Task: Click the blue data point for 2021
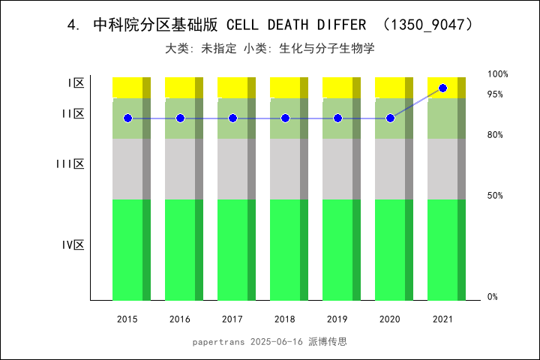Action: pos(442,88)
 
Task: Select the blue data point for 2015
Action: pos(127,118)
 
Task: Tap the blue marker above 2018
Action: pos(285,118)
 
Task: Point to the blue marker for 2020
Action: pos(390,118)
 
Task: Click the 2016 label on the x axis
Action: pos(180,319)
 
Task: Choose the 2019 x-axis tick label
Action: pos(337,319)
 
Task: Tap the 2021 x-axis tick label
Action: pos(442,319)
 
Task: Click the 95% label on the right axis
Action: pos(495,94)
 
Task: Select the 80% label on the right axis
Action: pos(495,135)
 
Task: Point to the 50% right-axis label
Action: pos(495,196)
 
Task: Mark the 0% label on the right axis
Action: pos(493,297)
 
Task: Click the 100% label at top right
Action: pos(498,74)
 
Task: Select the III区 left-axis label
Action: pos(70,163)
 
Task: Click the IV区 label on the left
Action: pos(73,244)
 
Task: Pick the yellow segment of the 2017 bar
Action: pos(232,87)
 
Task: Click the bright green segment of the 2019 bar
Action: pos(337,250)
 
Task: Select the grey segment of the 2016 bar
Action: pos(180,169)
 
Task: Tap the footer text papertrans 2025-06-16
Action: pos(247,341)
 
